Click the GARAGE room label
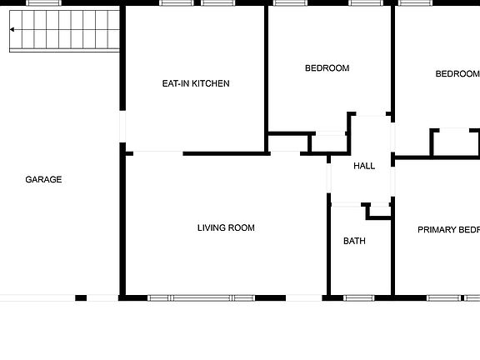coord(43,179)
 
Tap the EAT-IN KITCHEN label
coord(195,83)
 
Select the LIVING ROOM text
coord(226,227)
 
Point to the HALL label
coord(364,166)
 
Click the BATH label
coord(354,242)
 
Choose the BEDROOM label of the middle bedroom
coord(327,68)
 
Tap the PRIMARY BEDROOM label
coord(448,230)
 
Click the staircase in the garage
coord(63,32)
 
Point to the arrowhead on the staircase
coord(13,30)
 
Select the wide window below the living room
coord(201,297)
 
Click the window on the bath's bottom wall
coord(358,297)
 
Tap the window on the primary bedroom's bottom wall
coord(442,297)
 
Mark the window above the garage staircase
coord(44,3)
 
